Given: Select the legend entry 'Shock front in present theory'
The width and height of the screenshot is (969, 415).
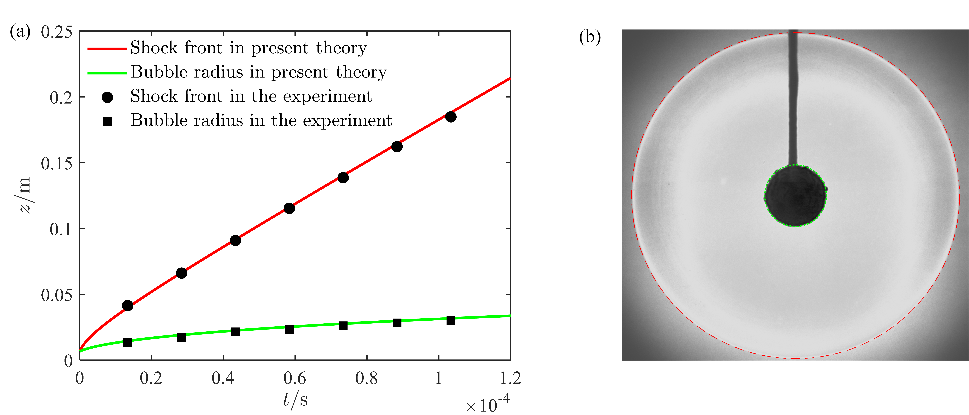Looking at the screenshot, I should point(248,48).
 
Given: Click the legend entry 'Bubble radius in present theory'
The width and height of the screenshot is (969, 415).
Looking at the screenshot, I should point(258,72).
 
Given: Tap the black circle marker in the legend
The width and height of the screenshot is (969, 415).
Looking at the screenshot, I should point(107,97).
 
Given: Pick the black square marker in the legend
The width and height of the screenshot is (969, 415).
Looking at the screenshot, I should point(107,121).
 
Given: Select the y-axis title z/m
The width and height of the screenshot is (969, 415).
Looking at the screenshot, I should point(26,195).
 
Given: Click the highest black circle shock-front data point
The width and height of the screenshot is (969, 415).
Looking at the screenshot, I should point(451,117).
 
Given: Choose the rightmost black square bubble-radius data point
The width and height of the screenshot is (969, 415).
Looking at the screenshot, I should point(451,320).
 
